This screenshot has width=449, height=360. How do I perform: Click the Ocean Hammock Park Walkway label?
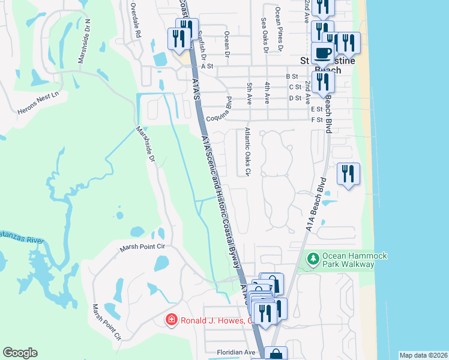(354, 260)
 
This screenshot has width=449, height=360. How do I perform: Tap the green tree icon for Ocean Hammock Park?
(312, 260)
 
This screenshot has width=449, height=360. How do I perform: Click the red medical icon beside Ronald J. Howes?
(172, 320)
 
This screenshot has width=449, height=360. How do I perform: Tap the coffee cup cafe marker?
(323, 53)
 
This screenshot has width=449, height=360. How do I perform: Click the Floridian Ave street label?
(237, 352)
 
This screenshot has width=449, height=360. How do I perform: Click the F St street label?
(318, 119)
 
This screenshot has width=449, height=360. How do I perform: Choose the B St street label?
(292, 76)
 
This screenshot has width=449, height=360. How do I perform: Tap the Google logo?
(20, 353)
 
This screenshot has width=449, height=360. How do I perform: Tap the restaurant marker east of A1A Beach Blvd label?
(348, 174)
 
